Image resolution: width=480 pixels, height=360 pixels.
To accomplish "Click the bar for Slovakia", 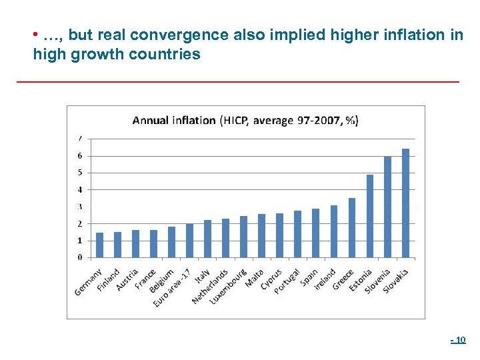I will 405,203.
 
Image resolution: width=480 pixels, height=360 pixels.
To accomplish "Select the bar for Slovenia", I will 387,207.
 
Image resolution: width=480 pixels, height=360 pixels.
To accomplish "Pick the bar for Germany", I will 99,245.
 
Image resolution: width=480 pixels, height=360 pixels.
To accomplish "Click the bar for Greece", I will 351,227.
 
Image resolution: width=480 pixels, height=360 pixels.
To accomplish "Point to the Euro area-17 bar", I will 189,240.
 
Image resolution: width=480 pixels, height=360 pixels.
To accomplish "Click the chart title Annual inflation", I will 245,121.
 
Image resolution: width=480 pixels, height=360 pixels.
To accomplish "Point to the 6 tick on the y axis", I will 80,156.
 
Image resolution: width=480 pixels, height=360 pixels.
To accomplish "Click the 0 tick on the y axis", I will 80,257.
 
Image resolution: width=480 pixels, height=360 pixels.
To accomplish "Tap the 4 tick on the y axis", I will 80,189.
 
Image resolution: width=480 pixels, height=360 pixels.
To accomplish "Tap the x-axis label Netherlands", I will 210,287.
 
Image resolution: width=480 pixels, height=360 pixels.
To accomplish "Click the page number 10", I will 459,341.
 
